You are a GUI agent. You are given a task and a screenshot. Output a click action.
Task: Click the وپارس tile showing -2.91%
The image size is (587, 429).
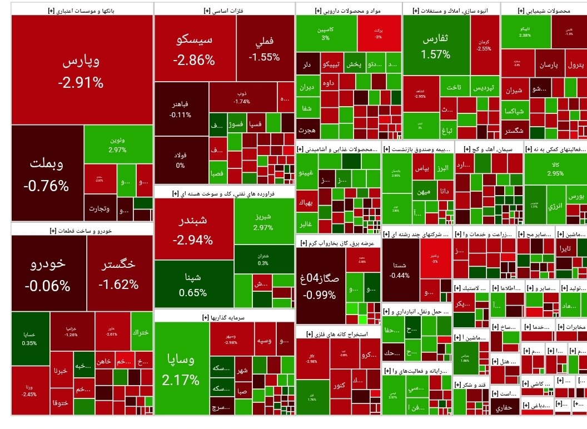[x=81, y=70]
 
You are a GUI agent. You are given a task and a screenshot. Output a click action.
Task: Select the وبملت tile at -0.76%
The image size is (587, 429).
[x=47, y=173]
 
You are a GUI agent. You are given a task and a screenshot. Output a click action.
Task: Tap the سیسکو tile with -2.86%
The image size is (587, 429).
[x=194, y=49]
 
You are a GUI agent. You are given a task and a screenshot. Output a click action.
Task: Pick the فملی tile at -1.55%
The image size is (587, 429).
[x=265, y=49]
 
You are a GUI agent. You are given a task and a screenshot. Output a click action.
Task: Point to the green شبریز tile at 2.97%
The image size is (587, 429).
[x=263, y=221]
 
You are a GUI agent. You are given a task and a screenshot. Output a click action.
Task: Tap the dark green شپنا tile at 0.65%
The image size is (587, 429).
[x=193, y=284]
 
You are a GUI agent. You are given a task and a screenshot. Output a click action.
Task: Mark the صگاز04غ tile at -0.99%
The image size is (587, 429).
[x=320, y=285]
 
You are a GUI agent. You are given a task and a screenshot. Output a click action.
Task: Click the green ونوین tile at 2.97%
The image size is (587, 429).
[x=117, y=144]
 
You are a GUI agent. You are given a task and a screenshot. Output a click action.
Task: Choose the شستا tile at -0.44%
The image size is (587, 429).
[x=400, y=270]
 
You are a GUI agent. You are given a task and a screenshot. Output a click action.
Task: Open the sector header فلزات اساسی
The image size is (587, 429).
[x=225, y=10]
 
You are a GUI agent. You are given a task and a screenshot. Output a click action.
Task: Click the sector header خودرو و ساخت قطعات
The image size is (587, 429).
[x=82, y=230]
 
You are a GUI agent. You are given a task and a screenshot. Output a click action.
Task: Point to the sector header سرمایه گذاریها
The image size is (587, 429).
[x=225, y=317]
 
